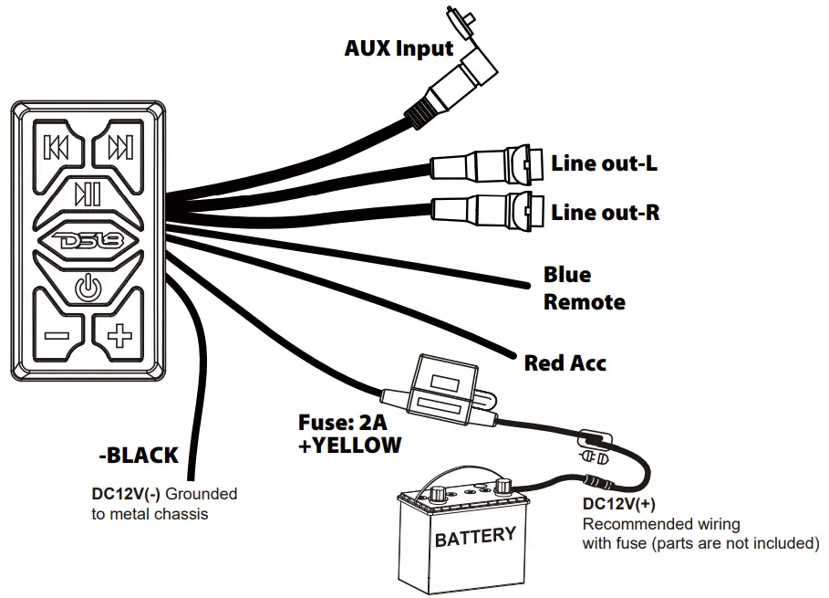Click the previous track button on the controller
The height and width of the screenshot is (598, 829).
tap(57, 147)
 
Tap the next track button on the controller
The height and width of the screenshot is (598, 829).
tap(119, 147)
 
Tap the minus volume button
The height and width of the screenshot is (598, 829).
tap(57, 335)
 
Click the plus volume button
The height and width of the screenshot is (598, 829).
tap(119, 335)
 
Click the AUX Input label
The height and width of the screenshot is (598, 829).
tap(399, 48)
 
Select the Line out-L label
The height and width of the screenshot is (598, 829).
tap(604, 164)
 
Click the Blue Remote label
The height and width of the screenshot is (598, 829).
tap(584, 288)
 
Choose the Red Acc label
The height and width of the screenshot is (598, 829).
tap(565, 363)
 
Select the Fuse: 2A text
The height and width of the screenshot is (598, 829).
tap(342, 424)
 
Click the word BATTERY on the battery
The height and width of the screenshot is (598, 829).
tap(475, 536)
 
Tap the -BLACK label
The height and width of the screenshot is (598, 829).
tap(138, 455)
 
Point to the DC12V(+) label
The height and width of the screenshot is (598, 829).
tap(617, 504)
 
